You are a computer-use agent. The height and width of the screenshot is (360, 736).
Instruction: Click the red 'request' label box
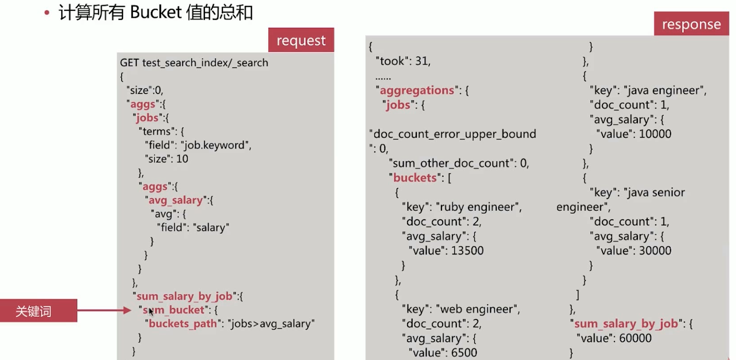pos(301,40)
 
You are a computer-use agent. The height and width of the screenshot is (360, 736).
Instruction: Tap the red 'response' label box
pos(691,24)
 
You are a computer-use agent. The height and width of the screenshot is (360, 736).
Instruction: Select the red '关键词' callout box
pos(38,311)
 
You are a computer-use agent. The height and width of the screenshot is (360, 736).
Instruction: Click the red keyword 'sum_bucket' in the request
pos(173,310)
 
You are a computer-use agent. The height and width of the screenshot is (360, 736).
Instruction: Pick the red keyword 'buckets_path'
pos(183,323)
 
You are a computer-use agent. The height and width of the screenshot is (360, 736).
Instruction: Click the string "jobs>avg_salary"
pos(271,323)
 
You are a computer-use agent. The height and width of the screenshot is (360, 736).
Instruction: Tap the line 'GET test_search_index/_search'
pos(194,62)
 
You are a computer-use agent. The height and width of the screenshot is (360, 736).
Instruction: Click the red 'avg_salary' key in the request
pos(176,200)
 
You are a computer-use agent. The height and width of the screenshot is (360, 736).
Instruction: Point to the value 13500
pos(467,250)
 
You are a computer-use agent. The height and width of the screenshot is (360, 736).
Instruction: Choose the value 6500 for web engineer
pos(464,352)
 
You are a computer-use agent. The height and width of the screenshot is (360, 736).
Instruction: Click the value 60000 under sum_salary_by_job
pos(635,338)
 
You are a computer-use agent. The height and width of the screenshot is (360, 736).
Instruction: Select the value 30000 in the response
pos(655,250)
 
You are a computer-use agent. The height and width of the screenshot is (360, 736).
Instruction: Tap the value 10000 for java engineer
pos(655,134)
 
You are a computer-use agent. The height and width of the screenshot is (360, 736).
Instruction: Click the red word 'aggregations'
pos(417,90)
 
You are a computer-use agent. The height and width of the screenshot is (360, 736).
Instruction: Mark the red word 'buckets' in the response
pos(415,177)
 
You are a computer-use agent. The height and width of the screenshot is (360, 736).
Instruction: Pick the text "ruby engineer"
pos(479,207)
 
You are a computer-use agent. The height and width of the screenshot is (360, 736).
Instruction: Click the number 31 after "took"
pos(422,61)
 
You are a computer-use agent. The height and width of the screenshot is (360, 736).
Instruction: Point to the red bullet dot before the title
pos(47,13)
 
